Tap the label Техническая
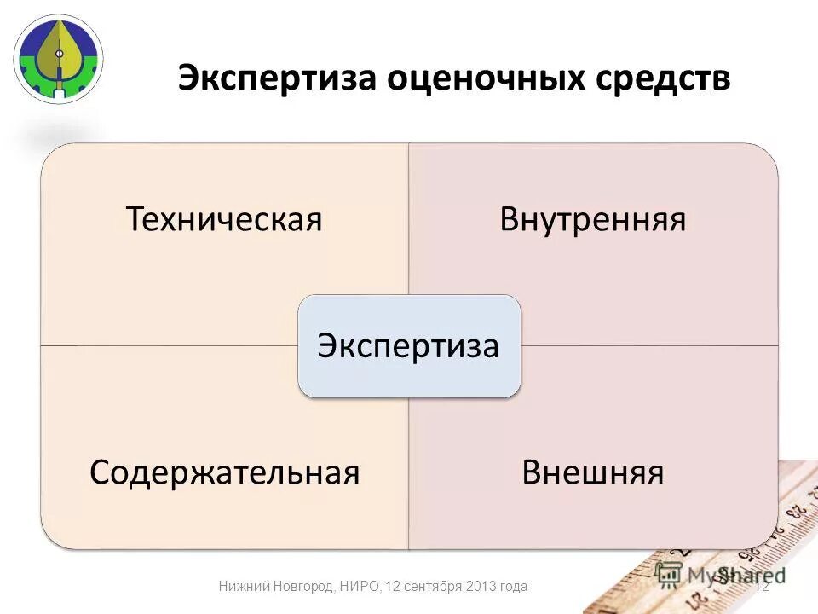tap(224, 220)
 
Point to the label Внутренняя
tap(593, 220)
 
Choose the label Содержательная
tap(224, 472)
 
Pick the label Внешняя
tap(593, 472)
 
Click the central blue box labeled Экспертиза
tap(408, 346)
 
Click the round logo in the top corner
tap(57, 58)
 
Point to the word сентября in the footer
tap(433, 586)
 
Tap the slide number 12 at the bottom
tap(762, 586)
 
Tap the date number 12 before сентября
tap(393, 586)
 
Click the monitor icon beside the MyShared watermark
tap(670, 573)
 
